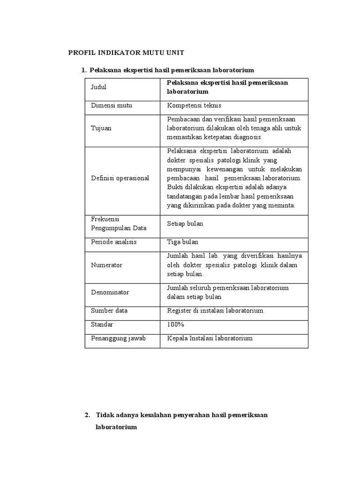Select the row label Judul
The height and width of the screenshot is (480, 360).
98,87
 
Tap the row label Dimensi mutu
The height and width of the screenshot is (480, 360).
112,105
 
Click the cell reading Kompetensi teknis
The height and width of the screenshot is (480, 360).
194,105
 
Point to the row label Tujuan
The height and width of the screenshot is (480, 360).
101,128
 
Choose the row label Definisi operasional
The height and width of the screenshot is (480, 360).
120,178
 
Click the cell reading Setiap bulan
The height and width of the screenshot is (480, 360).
185,224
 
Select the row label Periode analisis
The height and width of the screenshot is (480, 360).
113,242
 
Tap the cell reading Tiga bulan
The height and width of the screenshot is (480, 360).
183,242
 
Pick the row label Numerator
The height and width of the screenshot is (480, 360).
106,265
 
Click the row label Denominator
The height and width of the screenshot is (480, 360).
110,292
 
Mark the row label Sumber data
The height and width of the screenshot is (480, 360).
109,310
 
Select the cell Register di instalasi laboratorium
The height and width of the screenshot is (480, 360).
215,310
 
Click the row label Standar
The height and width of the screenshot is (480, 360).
102,324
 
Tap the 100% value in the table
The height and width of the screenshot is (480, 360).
176,324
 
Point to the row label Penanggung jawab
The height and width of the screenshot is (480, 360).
118,338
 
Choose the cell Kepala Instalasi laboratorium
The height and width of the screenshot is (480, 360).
210,338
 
